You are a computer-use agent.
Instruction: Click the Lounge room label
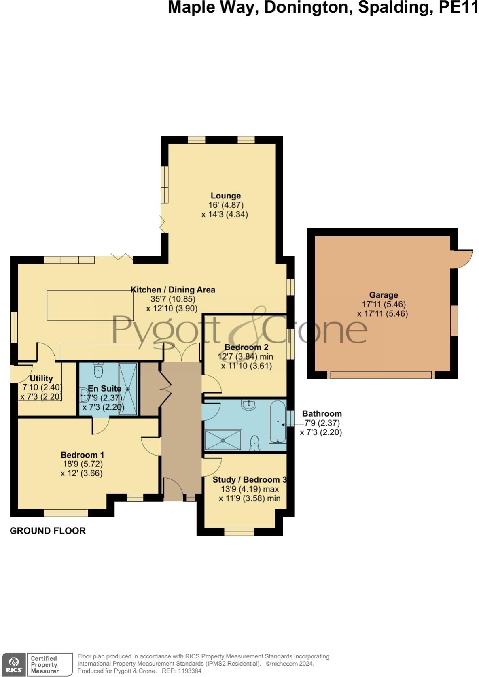click(225, 196)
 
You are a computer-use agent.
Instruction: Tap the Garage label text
click(383, 295)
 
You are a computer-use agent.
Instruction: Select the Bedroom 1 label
click(82, 455)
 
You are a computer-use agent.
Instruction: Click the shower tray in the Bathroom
click(223, 440)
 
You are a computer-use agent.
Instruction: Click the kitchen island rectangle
click(90, 306)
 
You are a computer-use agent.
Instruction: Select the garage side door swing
click(462, 259)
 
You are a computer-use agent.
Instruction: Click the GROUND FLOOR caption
click(48, 531)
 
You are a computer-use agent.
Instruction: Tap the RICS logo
click(14, 664)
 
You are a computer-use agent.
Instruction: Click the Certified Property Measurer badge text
click(45, 664)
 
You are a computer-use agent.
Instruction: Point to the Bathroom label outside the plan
click(322, 413)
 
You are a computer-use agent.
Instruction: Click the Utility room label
click(41, 378)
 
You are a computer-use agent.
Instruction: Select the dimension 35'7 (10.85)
click(171, 299)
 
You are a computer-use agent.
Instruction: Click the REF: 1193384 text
click(181, 671)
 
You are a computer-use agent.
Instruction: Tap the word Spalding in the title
click(396, 7)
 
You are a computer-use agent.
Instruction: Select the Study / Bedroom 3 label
click(250, 480)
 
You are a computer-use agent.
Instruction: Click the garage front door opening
click(381, 375)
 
